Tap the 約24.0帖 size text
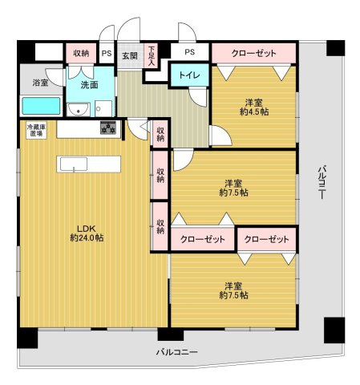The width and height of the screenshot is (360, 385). click(x=86, y=238)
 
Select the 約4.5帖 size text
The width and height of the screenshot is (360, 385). click(x=254, y=112)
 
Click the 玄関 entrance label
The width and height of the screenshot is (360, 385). click(x=129, y=55)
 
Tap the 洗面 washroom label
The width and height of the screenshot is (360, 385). click(x=88, y=85)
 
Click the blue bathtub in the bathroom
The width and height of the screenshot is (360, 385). click(x=40, y=106)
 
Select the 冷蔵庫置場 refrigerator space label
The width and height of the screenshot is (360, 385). click(x=37, y=130)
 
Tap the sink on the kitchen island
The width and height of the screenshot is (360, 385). click(x=73, y=164)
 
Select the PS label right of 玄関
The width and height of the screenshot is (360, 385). click(x=189, y=53)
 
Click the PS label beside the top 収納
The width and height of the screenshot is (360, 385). click(x=106, y=53)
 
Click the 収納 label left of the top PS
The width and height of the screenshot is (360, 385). click(x=81, y=53)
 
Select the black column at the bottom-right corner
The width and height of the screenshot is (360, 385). click(x=333, y=329)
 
